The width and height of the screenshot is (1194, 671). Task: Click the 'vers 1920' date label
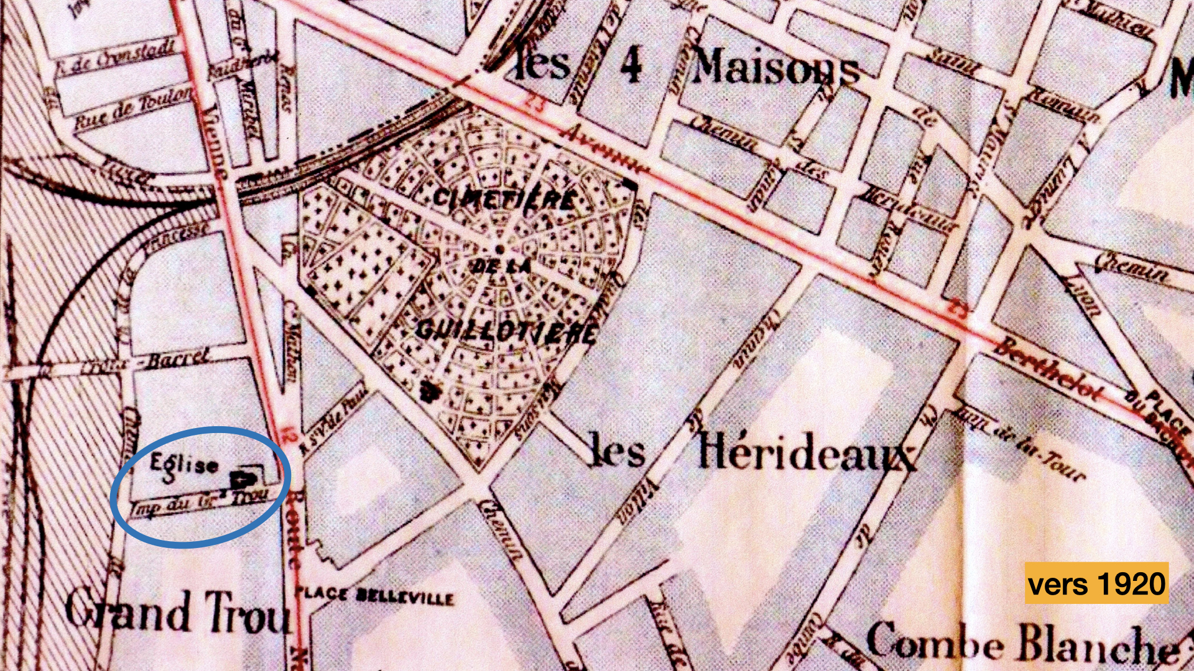pos(1096,583)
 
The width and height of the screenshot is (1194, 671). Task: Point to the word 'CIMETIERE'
pos(504,199)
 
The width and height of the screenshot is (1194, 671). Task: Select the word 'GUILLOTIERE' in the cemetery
pos(505,332)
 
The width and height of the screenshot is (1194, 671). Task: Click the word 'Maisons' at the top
pos(775,67)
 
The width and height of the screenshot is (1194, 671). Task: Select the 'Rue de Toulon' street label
pos(134,109)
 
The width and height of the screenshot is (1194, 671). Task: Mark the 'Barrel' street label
pos(177,359)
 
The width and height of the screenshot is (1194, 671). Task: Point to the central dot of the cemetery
pos(499,249)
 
